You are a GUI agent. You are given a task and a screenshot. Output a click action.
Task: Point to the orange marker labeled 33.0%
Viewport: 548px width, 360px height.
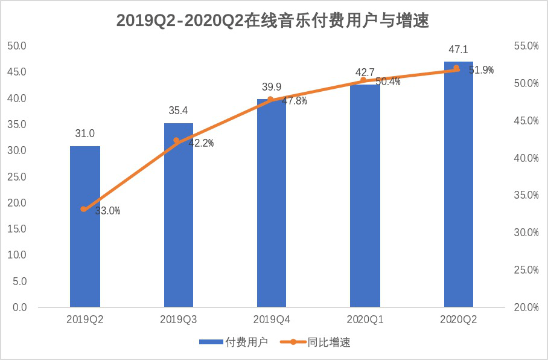tap(84, 209)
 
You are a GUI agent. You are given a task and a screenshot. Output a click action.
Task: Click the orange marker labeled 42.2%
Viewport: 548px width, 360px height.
tap(177, 141)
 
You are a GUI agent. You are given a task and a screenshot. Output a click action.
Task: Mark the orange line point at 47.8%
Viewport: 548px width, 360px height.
tap(270, 99)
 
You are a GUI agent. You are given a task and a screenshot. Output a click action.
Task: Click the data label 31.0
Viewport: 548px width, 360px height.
tap(85, 134)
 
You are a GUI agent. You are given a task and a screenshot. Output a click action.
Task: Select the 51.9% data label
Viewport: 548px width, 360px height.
tap(481, 70)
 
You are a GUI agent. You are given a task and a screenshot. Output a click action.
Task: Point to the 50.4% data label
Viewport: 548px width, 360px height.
tap(387, 82)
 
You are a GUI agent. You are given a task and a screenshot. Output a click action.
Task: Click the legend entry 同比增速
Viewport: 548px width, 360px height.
tap(316, 342)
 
